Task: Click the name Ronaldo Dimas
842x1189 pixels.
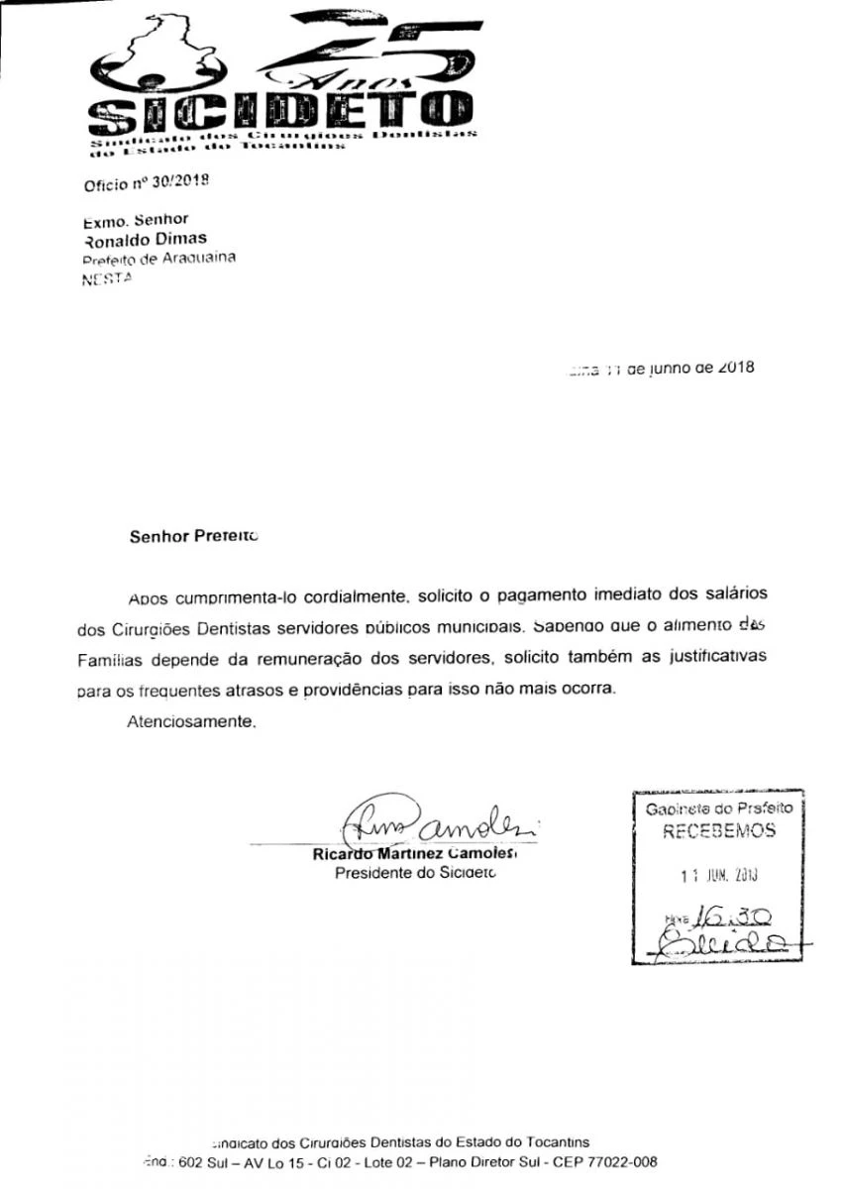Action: [145, 239]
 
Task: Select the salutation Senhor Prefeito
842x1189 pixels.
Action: [193, 538]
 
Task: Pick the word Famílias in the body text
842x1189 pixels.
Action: [112, 658]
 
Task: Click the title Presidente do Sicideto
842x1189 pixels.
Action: [415, 873]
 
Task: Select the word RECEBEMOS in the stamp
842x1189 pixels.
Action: [718, 832]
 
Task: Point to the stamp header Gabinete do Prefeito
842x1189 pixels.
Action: [718, 809]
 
